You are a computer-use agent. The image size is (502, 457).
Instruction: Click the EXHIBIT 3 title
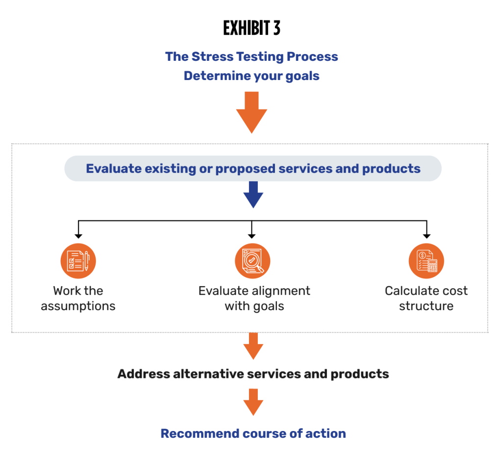[x=251, y=28]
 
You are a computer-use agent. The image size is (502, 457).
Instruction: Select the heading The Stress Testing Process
[x=251, y=56]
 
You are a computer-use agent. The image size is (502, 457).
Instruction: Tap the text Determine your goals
[x=251, y=76]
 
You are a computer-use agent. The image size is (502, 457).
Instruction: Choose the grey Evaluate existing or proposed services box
[x=253, y=169]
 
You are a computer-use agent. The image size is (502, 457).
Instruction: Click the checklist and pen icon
[x=78, y=261]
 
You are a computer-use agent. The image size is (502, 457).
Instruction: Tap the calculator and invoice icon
[x=426, y=261]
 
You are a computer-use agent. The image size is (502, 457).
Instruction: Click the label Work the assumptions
[x=78, y=298]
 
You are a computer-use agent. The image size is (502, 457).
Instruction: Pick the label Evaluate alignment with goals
[x=254, y=298]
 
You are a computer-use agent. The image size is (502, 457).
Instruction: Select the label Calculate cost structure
[x=426, y=298]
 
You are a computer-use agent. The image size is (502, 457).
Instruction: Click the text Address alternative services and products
[x=253, y=374]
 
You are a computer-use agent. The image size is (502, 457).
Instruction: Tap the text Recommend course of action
[x=253, y=433]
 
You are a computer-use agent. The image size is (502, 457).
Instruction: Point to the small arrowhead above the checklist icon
[x=78, y=236]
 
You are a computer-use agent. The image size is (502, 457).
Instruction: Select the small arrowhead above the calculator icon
[x=426, y=236]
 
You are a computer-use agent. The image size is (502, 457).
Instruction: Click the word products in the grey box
[x=391, y=169]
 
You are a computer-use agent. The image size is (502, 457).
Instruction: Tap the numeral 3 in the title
[x=276, y=28]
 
